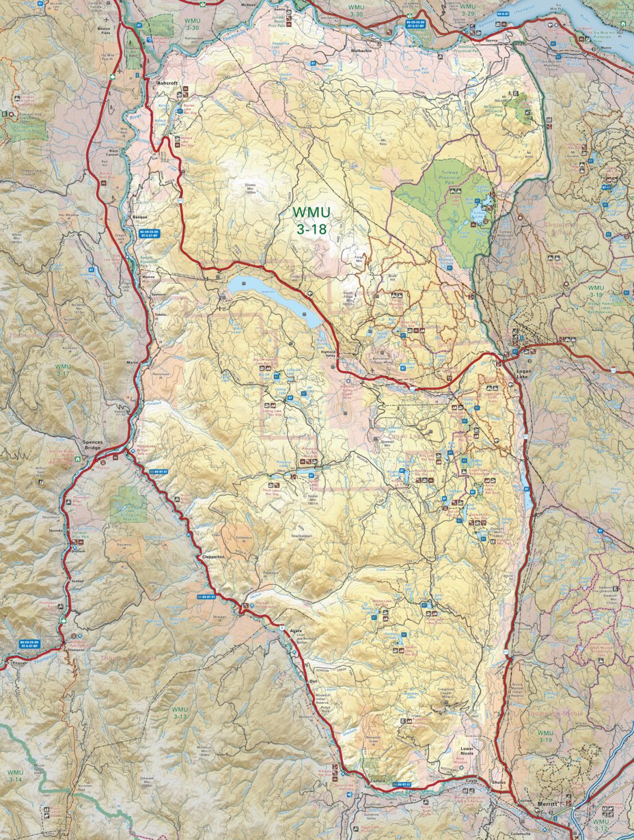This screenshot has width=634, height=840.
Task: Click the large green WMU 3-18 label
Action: [311, 221]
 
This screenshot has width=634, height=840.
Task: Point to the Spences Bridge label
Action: [93, 446]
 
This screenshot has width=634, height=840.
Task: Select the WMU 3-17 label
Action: [63, 370]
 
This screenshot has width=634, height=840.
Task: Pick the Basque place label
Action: [139, 217]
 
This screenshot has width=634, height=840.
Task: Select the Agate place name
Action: [295, 630]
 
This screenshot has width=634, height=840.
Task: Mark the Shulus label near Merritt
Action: [498, 783]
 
